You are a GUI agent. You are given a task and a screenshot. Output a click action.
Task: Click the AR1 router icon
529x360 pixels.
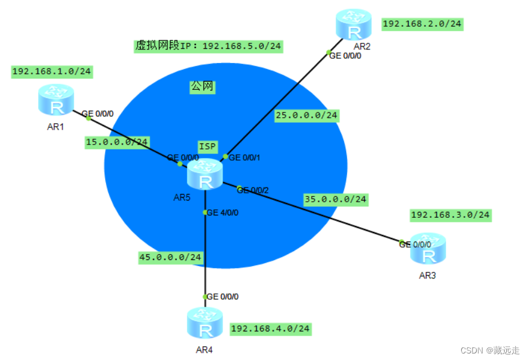[x=57, y=99]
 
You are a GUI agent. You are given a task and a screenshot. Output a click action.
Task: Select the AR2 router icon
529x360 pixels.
[x=353, y=24]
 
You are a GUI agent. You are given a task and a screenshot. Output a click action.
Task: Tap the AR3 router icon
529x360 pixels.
[x=428, y=249]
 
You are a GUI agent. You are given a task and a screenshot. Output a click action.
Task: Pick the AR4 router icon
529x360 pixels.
[x=204, y=323]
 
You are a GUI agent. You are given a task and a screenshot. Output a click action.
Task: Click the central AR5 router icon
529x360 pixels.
[x=205, y=174]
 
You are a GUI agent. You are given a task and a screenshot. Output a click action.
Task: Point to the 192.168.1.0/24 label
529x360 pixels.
[x=52, y=71]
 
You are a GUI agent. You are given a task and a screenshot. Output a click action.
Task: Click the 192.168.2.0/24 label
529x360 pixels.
[x=422, y=24]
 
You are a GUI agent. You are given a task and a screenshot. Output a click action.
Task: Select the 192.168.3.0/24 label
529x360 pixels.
[x=450, y=214]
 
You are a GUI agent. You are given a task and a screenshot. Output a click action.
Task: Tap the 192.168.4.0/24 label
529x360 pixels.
[x=270, y=328]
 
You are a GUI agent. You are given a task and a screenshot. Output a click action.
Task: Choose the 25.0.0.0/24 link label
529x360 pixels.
[x=306, y=115]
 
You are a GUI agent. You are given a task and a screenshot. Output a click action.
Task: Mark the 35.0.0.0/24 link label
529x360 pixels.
[x=335, y=199]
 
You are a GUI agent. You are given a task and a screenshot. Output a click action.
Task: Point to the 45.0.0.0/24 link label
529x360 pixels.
[x=170, y=257]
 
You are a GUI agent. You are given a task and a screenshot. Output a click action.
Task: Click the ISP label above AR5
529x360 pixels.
[x=208, y=146]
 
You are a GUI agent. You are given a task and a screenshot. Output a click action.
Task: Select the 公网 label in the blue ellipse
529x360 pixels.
[x=202, y=87]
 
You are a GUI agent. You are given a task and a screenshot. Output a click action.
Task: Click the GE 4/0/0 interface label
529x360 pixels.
[x=223, y=212]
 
